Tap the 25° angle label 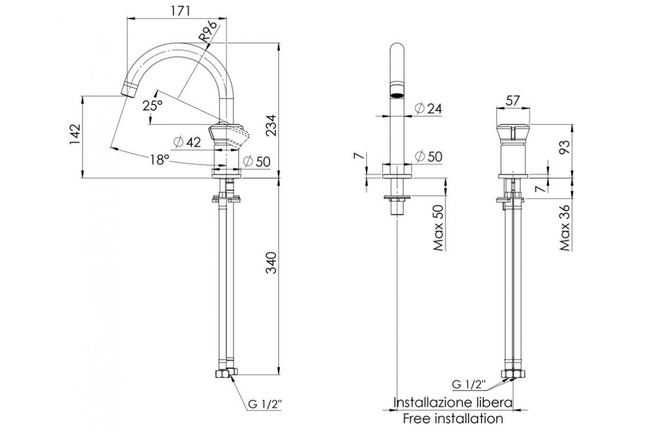point(153,106)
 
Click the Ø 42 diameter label point(188,142)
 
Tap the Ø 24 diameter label point(429,108)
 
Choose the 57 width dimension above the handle point(513,100)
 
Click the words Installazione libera point(453,402)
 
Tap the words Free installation point(453,418)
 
